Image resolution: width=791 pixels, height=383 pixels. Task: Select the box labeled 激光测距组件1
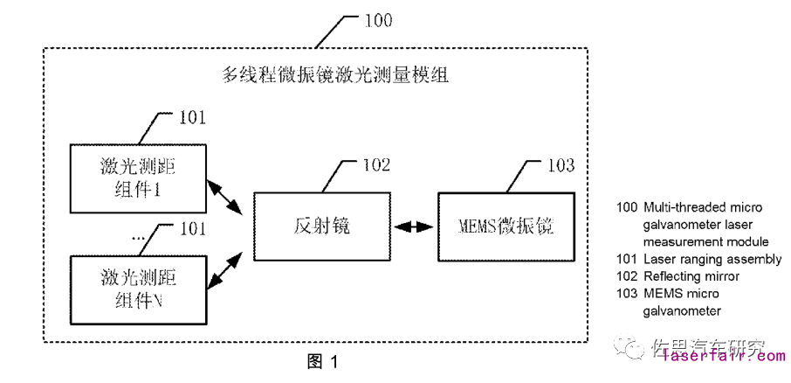pos(138,177)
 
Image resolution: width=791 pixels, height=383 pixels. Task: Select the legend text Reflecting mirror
pos(691,276)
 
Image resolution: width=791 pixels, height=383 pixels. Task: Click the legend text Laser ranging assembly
pos(712,259)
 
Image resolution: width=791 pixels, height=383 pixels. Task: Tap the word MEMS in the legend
pos(661,294)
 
